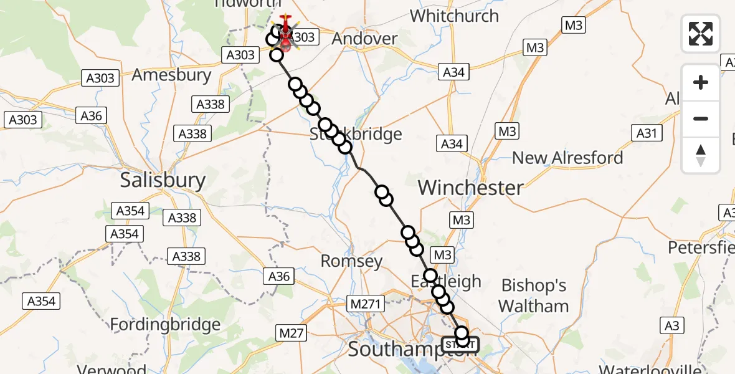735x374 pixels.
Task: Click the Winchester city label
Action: [471, 188]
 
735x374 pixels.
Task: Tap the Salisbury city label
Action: [163, 180]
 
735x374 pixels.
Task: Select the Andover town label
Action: [364, 39]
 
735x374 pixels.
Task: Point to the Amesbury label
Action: [172, 75]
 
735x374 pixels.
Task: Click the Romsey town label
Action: [351, 261]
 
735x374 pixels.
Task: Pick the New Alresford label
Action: [567, 158]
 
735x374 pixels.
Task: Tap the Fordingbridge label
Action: [165, 325]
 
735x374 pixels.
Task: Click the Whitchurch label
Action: [454, 16]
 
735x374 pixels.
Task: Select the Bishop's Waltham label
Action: [534, 295]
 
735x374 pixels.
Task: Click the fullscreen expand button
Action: [701, 33]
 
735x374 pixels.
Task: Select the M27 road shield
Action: [292, 333]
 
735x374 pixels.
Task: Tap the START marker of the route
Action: [460, 344]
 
